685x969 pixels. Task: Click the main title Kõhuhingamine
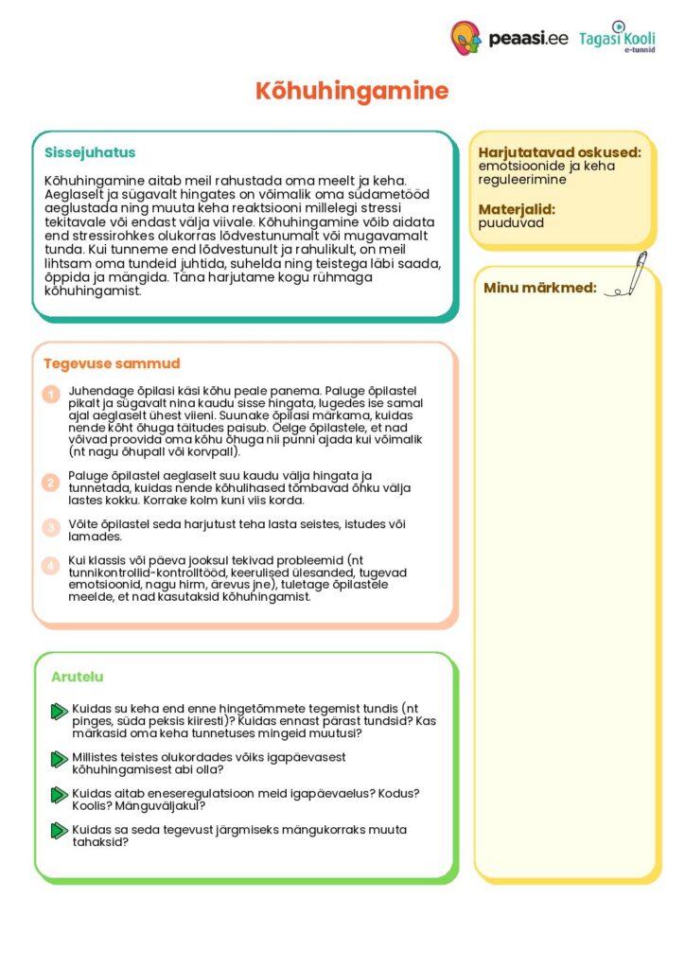(351, 92)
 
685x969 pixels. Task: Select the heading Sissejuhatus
(90, 152)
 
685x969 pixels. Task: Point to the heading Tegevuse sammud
(112, 363)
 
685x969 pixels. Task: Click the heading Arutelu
(78, 677)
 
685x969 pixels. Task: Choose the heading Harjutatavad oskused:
(559, 152)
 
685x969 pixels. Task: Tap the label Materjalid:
(517, 209)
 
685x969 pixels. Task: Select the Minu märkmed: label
(540, 288)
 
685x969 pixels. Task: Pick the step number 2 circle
(51, 483)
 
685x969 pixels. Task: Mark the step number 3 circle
(51, 527)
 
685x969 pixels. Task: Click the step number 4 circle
(51, 566)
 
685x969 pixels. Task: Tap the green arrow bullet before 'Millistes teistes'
(59, 759)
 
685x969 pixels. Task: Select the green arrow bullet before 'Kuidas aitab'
(59, 795)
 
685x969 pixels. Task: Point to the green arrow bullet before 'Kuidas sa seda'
(59, 831)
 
